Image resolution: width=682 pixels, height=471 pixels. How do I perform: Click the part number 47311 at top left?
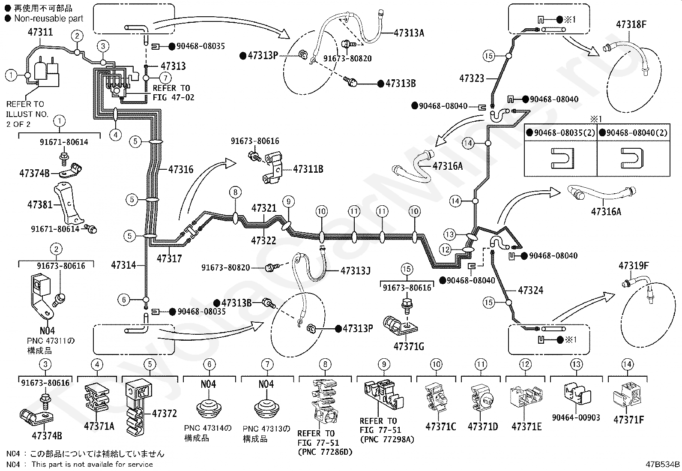40,32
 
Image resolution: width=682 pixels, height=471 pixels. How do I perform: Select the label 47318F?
631,24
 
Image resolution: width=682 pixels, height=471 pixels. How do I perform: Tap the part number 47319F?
633,266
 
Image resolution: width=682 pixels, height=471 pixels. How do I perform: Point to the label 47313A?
409,33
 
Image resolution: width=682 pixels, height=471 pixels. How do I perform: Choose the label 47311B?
308,169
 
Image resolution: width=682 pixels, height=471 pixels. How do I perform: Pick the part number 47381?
40,205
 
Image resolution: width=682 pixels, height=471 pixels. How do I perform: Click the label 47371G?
409,346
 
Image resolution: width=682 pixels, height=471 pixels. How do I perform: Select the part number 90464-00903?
576,417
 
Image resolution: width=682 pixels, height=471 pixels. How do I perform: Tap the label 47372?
164,414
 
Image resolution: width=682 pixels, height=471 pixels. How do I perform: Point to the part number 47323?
472,78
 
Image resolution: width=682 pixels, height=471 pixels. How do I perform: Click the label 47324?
530,291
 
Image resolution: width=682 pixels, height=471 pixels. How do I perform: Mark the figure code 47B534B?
662,464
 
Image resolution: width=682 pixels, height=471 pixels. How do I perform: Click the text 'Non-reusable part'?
49,18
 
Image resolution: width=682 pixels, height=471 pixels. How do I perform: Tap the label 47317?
169,258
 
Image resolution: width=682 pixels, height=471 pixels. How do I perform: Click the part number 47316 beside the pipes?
181,170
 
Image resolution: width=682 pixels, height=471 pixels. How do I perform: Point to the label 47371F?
628,420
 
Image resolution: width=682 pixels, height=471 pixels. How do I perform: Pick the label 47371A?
99,426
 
